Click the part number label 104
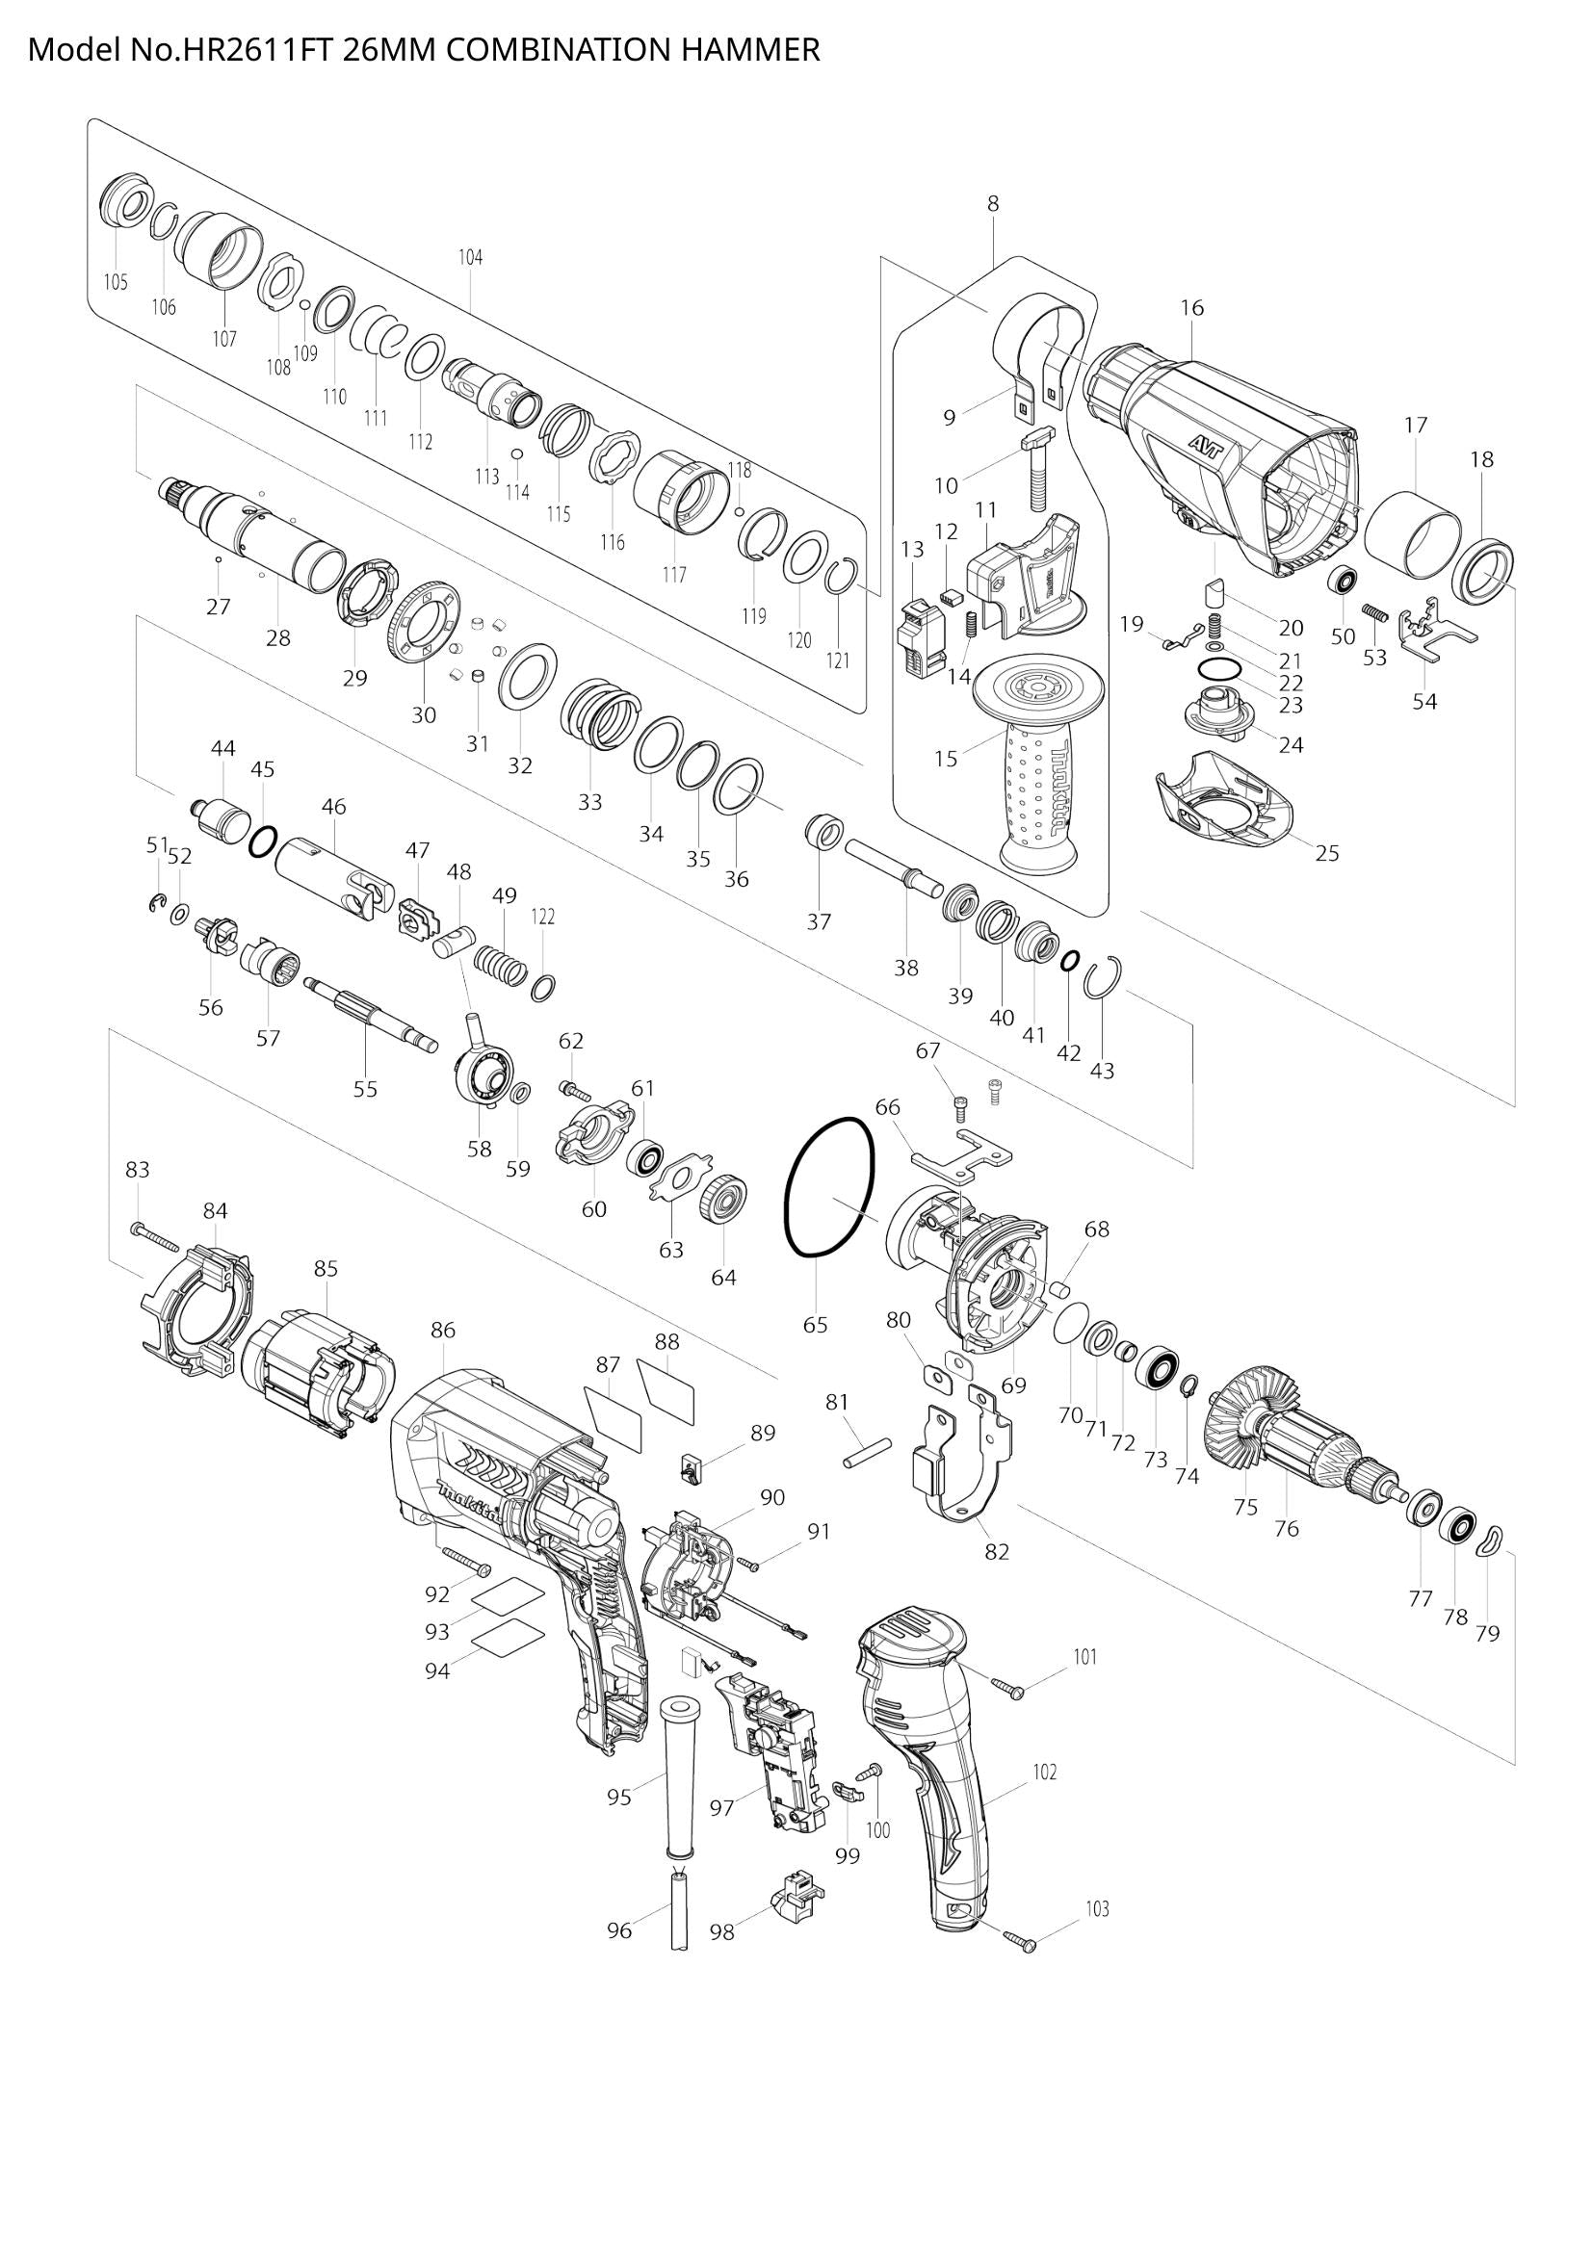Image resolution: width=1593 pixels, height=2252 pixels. click(470, 258)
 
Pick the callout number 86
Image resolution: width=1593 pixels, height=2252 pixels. click(443, 1331)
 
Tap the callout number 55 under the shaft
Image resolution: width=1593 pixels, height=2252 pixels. click(365, 1089)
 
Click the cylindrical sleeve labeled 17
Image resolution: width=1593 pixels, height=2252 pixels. click(1414, 535)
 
